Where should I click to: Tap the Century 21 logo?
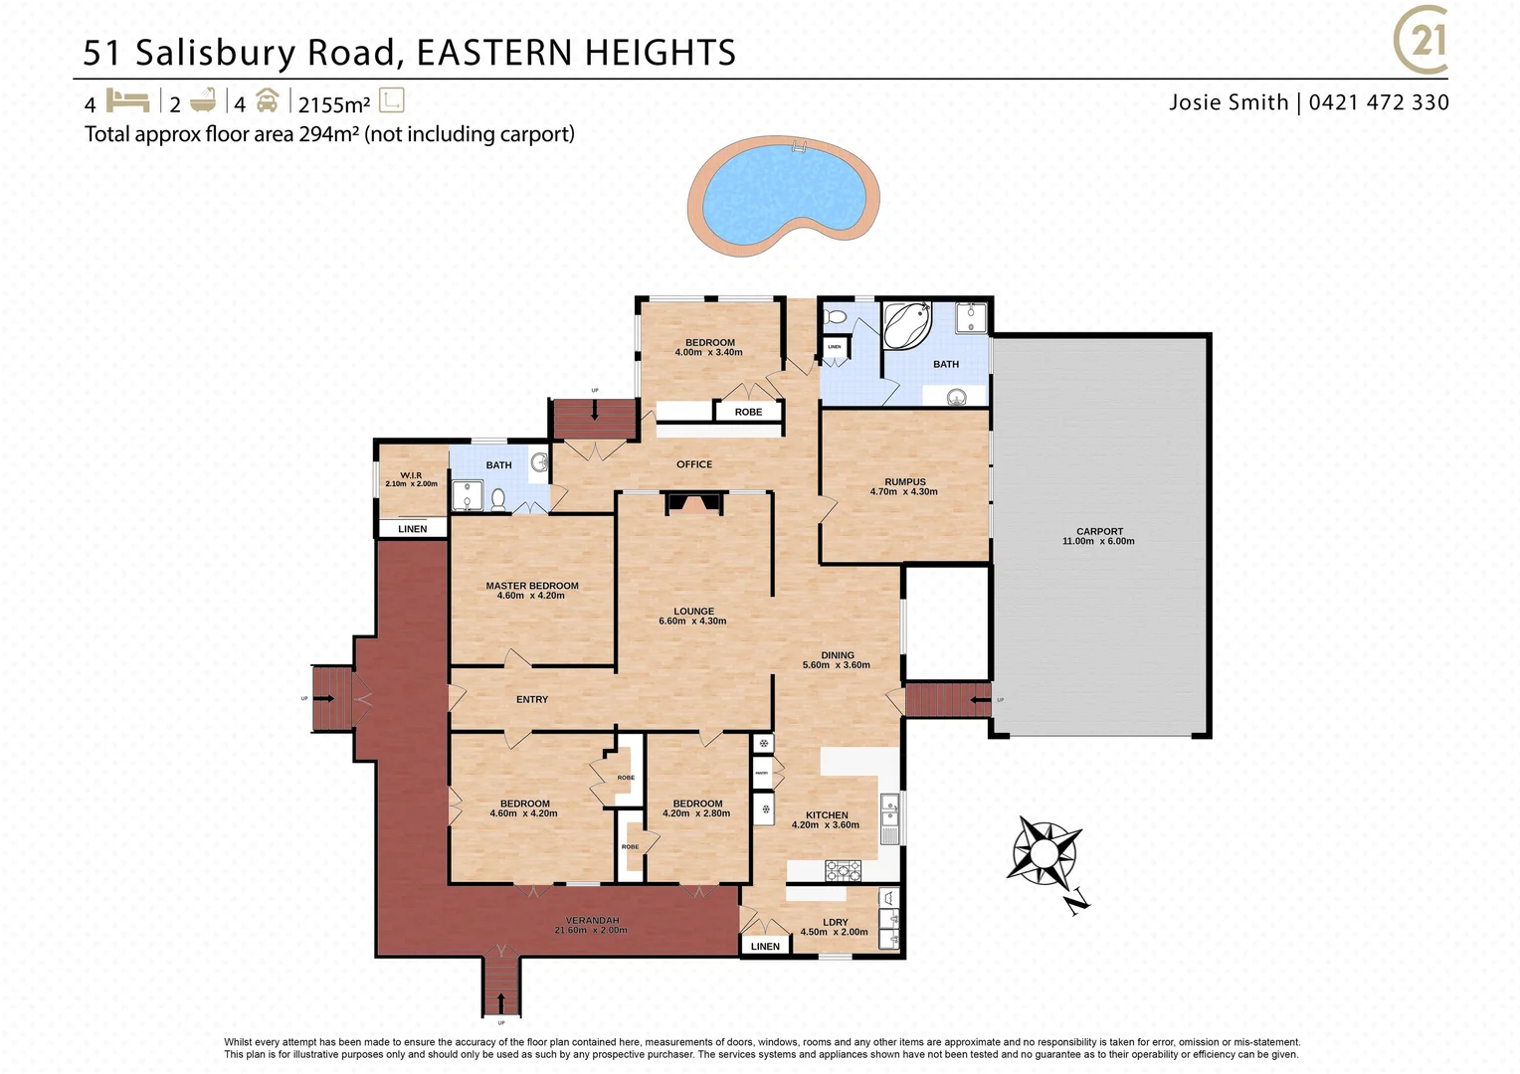[1421, 42]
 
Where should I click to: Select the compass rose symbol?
[1045, 852]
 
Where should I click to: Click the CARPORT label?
[1099, 532]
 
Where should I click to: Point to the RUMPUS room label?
[904, 482]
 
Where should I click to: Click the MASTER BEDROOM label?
[532, 587]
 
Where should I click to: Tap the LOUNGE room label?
[693, 612]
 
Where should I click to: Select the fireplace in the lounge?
[693, 503]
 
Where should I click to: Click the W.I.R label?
[411, 476]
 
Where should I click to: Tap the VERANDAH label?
[592, 921]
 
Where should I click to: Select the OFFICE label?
[694, 464]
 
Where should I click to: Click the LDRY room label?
[835, 923]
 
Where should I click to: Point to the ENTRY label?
[532, 700]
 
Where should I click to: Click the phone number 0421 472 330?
[1379, 102]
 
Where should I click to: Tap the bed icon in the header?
[127, 101]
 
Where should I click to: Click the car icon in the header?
[267, 101]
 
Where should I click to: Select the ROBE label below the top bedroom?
[748, 412]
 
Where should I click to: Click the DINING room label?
[837, 656]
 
